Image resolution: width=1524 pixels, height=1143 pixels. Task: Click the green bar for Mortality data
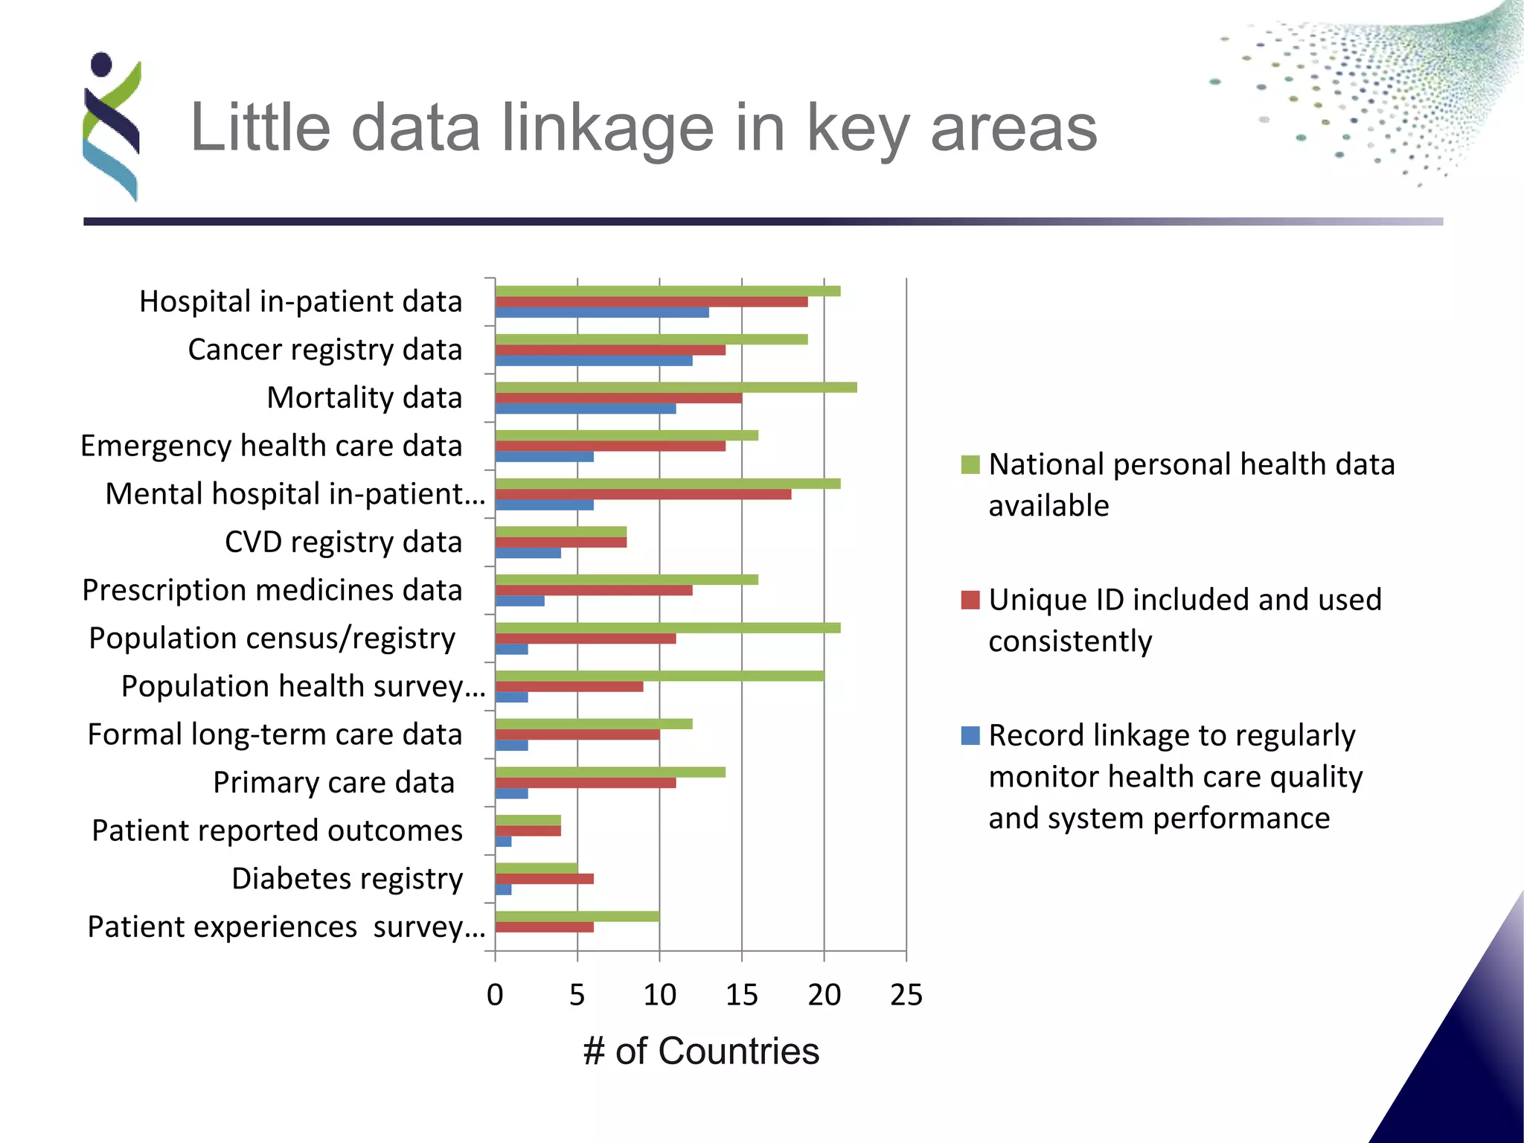676,387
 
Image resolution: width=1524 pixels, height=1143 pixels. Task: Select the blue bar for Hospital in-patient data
601,313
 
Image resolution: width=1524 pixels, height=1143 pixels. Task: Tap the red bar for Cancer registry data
610,350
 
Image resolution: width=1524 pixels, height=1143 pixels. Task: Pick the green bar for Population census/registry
667,627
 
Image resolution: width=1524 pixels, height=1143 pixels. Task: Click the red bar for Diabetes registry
544,879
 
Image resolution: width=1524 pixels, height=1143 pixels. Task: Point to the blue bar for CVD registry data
528,553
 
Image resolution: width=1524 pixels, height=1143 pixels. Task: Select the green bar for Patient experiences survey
577,916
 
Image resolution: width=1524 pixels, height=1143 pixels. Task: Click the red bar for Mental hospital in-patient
643,494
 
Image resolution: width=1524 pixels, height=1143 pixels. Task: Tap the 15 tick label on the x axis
741,995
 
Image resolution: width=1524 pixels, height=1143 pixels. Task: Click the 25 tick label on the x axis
906,995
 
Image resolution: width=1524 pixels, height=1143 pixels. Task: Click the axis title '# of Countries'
701,1051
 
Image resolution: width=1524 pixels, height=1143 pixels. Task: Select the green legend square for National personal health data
970,464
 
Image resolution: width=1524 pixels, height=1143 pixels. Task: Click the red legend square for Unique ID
970,600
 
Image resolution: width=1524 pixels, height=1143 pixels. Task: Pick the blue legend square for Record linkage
970,736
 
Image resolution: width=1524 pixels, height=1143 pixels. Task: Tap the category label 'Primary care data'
333,782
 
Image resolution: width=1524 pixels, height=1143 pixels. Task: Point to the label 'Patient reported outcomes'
277,830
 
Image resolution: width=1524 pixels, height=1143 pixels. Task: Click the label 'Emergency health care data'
271,446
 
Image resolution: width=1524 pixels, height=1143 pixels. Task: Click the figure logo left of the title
112,127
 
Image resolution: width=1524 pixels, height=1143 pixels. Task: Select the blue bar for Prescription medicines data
519,601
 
